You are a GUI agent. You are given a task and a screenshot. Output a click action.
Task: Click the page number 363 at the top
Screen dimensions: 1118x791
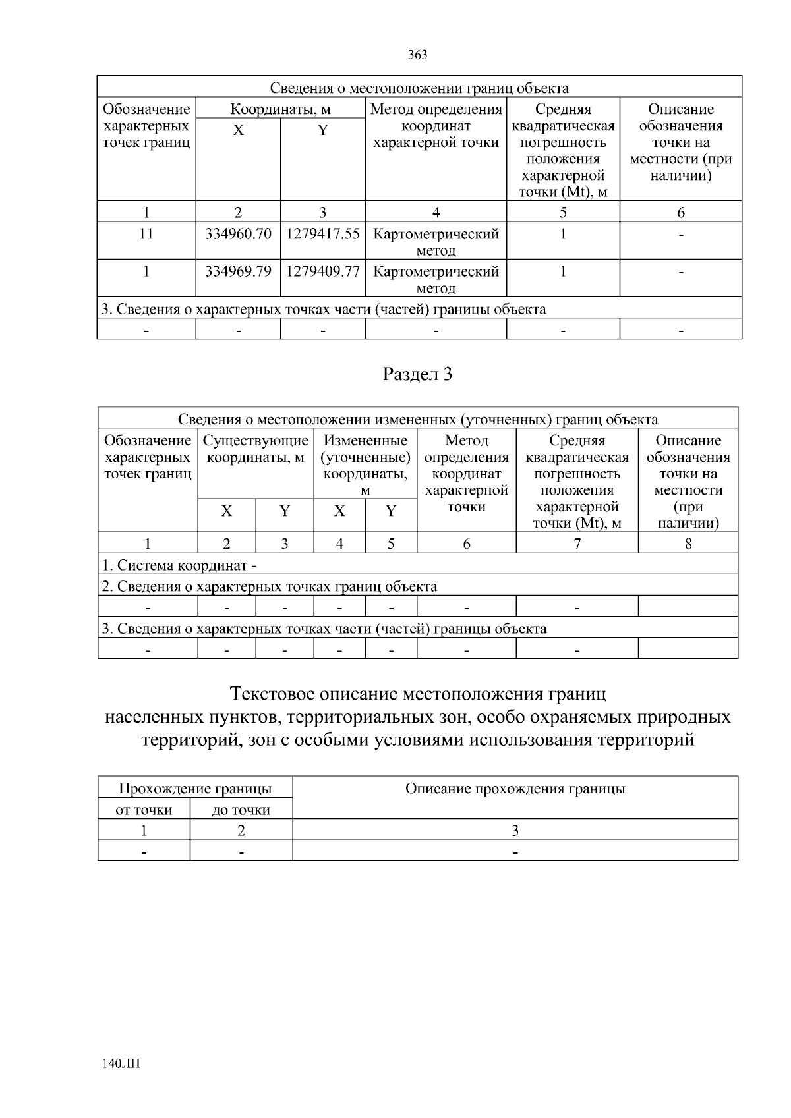(x=418, y=55)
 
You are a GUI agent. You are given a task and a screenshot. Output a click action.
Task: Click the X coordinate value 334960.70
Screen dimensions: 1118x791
(x=238, y=234)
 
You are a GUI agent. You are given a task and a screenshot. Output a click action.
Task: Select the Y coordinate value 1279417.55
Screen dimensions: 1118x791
(x=322, y=234)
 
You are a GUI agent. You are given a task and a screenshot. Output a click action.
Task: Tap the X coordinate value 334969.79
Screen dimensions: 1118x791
(x=238, y=271)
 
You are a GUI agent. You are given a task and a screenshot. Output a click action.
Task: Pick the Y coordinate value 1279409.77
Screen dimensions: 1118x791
(x=322, y=271)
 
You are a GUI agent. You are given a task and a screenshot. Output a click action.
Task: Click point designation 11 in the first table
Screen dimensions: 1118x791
(x=146, y=234)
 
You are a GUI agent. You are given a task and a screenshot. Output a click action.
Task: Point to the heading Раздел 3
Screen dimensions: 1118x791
(x=418, y=375)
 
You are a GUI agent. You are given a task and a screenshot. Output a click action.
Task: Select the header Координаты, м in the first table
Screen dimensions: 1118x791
(x=280, y=109)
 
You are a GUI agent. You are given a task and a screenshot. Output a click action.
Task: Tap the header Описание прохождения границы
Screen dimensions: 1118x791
(x=515, y=789)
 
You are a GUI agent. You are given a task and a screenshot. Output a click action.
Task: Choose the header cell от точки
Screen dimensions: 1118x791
(x=144, y=810)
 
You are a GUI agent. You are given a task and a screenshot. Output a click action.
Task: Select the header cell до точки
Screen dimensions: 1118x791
(x=241, y=810)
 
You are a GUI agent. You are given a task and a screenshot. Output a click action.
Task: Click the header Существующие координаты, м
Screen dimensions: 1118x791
(x=256, y=449)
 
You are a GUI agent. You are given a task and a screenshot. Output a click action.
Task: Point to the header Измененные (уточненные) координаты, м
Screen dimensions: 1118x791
(x=365, y=464)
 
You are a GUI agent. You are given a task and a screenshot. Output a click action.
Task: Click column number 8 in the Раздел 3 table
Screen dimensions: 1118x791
(x=688, y=544)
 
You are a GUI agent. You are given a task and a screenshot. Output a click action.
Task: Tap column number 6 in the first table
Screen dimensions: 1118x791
(x=681, y=212)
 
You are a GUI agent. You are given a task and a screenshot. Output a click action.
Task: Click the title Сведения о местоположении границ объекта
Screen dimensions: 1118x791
(x=419, y=88)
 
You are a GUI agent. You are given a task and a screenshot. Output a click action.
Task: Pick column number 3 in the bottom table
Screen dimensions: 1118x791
(x=515, y=831)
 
